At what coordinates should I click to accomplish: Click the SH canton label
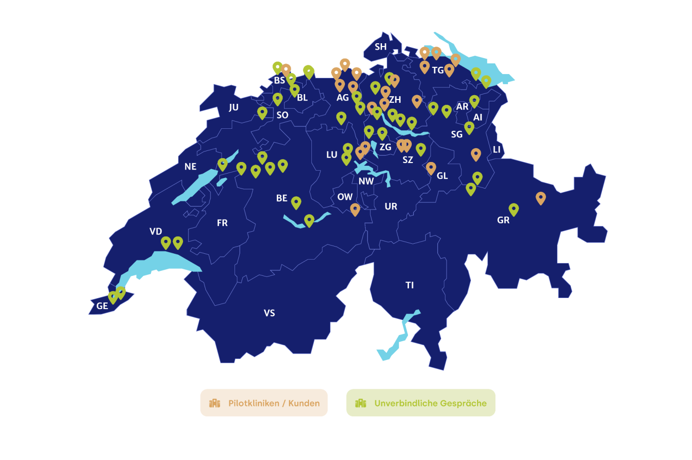click(x=381, y=47)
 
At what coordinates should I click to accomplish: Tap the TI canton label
click(x=409, y=285)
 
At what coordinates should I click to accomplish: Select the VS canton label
click(x=269, y=313)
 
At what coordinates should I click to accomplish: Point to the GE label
click(x=102, y=306)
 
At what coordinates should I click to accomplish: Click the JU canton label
click(x=234, y=107)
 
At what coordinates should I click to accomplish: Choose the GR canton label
click(x=503, y=220)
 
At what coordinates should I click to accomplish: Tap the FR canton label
click(x=222, y=223)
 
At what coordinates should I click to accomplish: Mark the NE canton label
click(x=190, y=167)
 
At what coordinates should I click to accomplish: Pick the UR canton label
click(x=391, y=206)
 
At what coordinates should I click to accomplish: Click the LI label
click(x=496, y=149)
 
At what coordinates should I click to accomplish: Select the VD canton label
click(x=156, y=231)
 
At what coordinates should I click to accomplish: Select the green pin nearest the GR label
click(x=514, y=209)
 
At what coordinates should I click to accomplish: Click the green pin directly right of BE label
click(x=296, y=202)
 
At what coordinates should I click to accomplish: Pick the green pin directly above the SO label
click(x=277, y=99)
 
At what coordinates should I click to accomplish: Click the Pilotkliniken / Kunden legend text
click(x=274, y=403)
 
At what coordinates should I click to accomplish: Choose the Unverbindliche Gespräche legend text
click(x=431, y=403)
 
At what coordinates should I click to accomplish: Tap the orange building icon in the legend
click(x=215, y=403)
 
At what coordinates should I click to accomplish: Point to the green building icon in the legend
click(x=360, y=403)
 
